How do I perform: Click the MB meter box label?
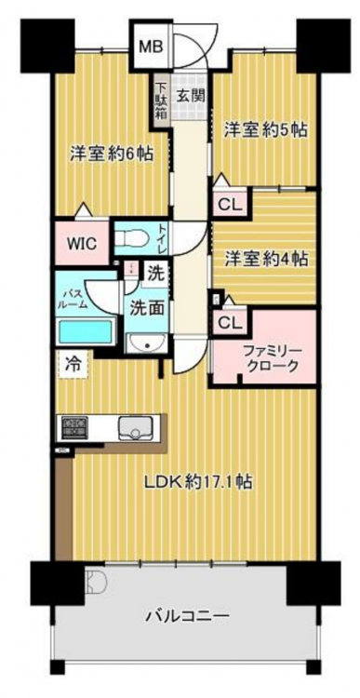(153, 47)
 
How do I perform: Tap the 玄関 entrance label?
(190, 95)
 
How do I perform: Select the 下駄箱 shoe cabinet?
(161, 101)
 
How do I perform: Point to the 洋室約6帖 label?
(112, 154)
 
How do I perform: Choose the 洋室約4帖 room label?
(266, 258)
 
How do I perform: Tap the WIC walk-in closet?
(82, 243)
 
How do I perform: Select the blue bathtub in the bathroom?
(86, 332)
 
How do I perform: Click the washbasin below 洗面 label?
(146, 344)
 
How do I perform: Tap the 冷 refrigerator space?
(73, 365)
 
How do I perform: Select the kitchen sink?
(136, 429)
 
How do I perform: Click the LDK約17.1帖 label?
(198, 481)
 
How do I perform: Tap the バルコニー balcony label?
(187, 617)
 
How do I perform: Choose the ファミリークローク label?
(271, 358)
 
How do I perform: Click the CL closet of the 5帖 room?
(230, 206)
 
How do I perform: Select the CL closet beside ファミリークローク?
(230, 323)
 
